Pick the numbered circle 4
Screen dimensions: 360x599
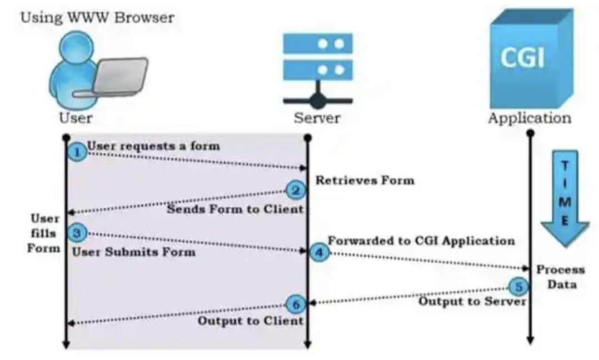coord(319,252)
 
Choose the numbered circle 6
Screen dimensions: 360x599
coord(296,304)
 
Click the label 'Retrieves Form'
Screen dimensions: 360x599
coord(365,180)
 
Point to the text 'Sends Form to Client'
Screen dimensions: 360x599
coord(235,209)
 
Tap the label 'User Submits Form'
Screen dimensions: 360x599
coord(134,252)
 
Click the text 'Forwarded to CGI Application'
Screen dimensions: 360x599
coord(421,241)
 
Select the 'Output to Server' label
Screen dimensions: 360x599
coord(472,302)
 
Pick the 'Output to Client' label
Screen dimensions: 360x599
coord(251,321)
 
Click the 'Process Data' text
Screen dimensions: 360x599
coord(560,277)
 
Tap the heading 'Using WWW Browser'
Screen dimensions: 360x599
coord(97,18)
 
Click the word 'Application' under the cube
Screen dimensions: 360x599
coord(529,118)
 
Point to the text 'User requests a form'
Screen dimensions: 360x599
coord(153,146)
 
